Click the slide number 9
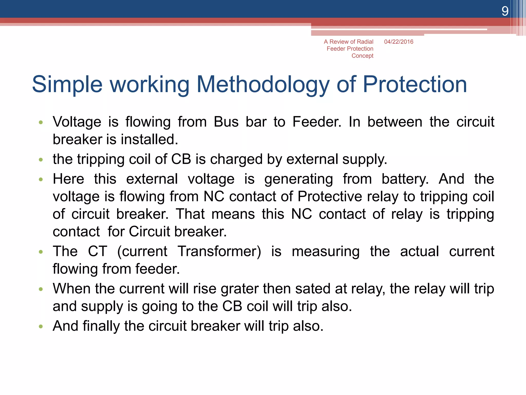[505, 11]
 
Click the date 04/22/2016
[399, 42]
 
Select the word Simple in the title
[67, 85]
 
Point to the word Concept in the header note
[362, 56]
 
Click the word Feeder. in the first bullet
[317, 122]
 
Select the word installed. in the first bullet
[149, 139]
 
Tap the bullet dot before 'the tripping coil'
[41, 160]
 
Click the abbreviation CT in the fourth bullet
[97, 251]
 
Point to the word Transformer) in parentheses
[219, 251]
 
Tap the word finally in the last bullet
[101, 326]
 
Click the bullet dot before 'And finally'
[41, 327]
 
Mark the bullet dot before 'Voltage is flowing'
[41, 122]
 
